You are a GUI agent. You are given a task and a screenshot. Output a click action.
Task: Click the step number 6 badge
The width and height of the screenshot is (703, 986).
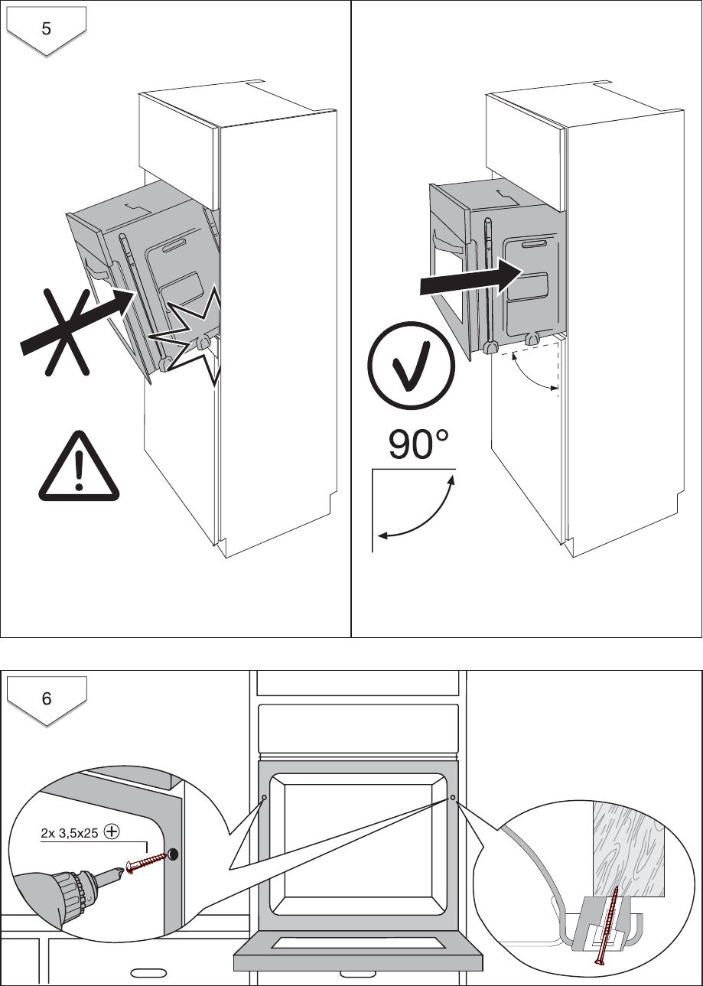[x=46, y=698]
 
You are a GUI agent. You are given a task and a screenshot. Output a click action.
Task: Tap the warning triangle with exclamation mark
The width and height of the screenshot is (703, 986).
[x=80, y=468]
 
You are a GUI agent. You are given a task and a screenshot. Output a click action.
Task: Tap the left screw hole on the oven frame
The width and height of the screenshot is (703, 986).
[x=264, y=797]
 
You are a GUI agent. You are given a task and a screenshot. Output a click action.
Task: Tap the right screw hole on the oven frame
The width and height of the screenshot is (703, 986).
[x=453, y=797]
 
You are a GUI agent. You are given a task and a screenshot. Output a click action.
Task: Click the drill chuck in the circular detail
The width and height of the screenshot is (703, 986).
[x=73, y=888]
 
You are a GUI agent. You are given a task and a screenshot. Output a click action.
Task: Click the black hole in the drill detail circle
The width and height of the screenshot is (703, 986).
[x=172, y=853]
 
